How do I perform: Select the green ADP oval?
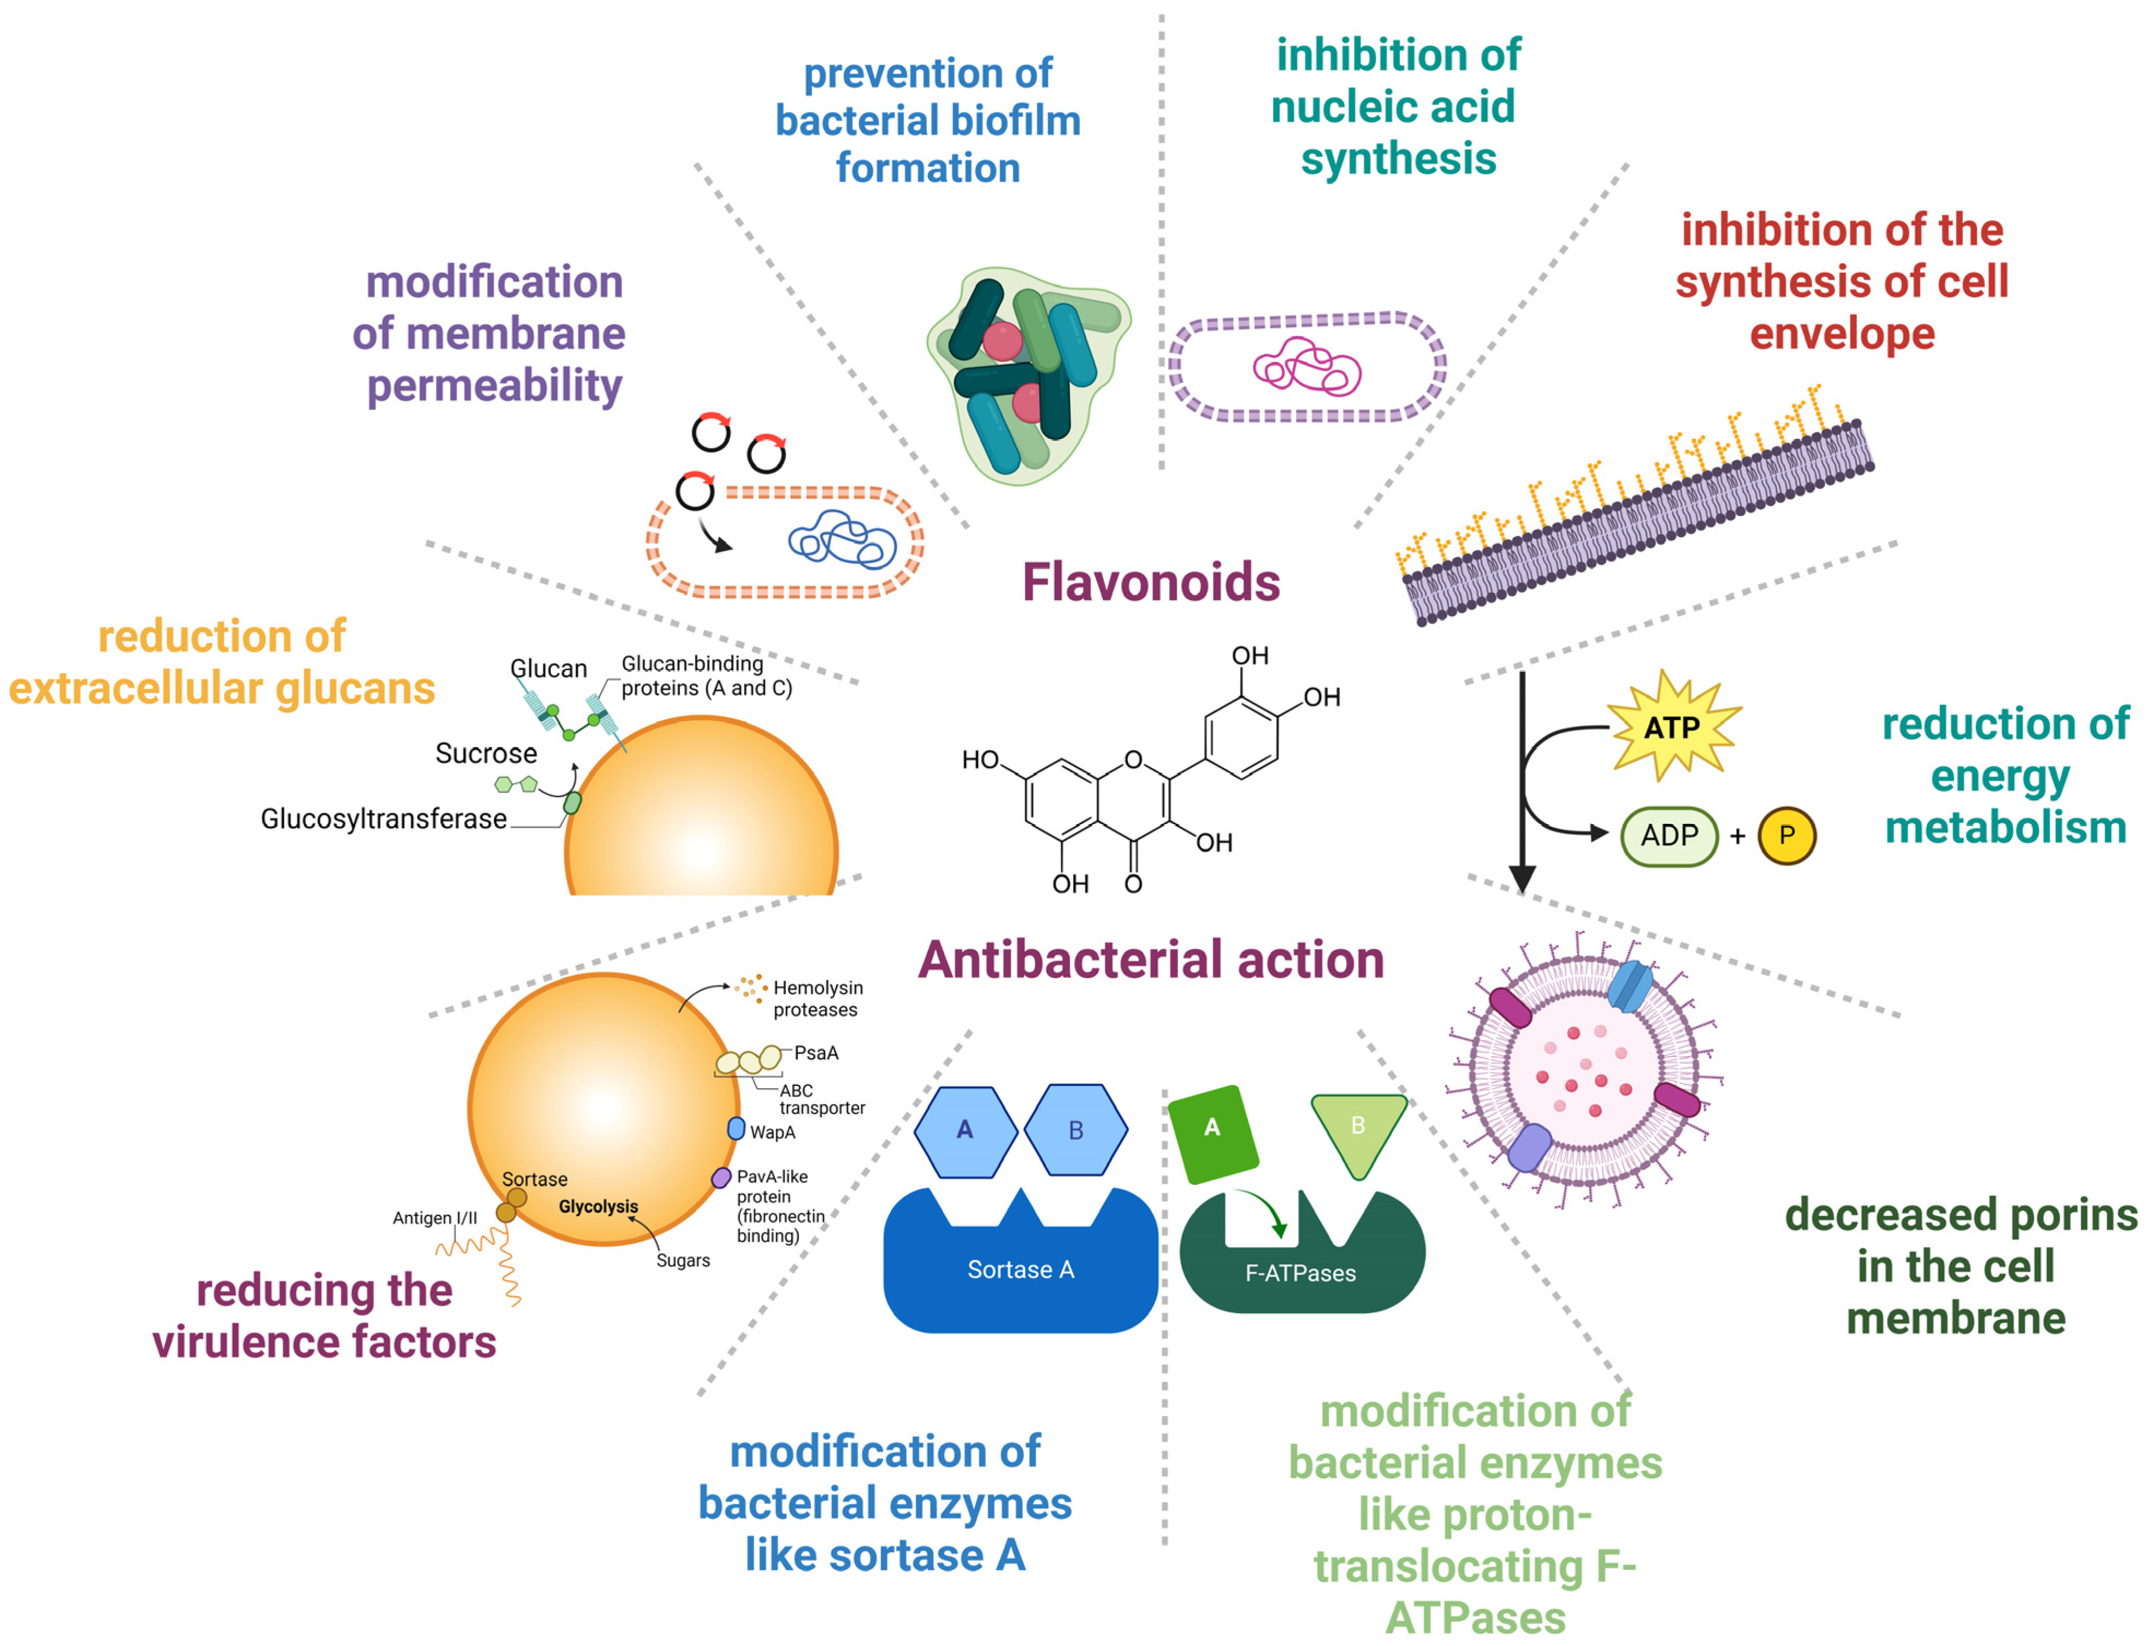(x=1669, y=836)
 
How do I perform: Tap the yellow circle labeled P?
(x=1786, y=836)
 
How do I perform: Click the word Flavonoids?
(x=1151, y=582)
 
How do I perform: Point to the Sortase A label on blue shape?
(x=1021, y=1270)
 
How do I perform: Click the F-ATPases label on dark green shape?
(x=1300, y=1273)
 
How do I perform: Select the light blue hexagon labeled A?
(x=965, y=1131)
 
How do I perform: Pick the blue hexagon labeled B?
(x=1075, y=1131)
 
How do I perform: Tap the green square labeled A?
(x=1212, y=1129)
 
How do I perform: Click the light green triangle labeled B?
(x=1358, y=1129)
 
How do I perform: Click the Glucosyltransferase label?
(x=383, y=819)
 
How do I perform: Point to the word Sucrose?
(x=486, y=753)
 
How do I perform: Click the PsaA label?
(x=816, y=1053)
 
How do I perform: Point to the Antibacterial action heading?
(x=1151, y=960)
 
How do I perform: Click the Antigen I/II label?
(x=435, y=1218)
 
